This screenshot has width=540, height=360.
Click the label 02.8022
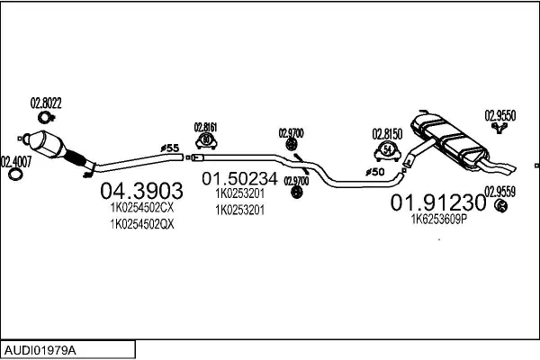46,103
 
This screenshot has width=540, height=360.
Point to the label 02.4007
15,161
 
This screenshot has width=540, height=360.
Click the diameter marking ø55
170,147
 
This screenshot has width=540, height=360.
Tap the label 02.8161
207,127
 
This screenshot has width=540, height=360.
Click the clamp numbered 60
207,141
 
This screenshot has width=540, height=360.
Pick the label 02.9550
499,114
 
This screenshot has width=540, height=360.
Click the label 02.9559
499,191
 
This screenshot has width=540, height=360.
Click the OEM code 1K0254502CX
141,208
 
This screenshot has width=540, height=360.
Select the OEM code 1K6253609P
439,219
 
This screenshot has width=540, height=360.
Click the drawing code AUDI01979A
41,348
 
